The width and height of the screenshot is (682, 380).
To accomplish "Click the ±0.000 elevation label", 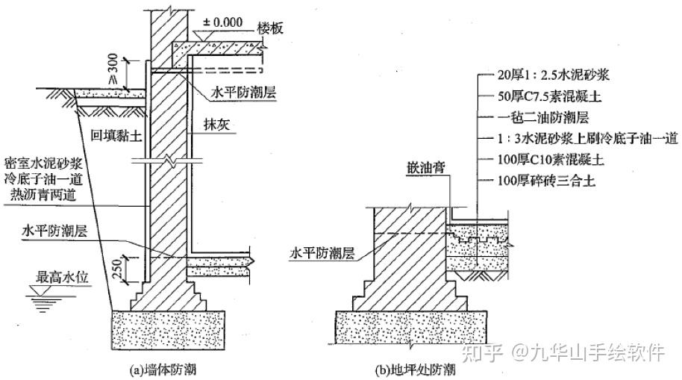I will click(x=222, y=22).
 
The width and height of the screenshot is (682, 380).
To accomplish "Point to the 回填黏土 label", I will click(x=111, y=135).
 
